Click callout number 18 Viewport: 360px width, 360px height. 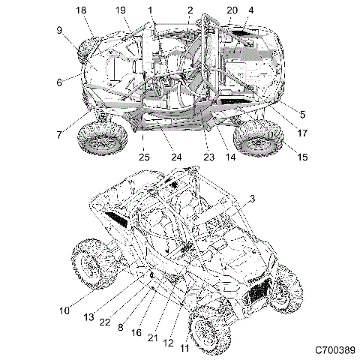tap(81, 10)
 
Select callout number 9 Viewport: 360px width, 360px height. tap(58, 31)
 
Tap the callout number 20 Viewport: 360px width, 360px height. tap(232, 10)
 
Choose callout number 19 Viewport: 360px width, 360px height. tap(120, 10)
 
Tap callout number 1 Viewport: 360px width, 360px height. tap(151, 10)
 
